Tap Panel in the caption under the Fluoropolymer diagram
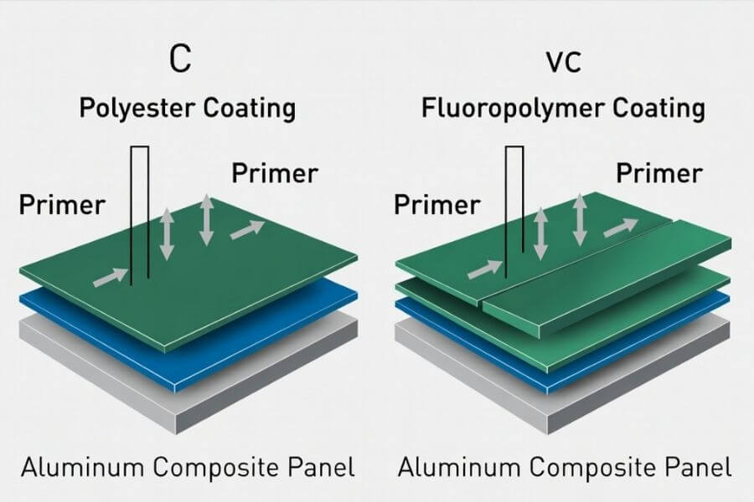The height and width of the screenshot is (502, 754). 700,466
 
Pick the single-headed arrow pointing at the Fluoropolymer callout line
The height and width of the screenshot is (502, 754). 484,269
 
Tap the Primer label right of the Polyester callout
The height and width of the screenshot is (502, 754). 275,173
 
